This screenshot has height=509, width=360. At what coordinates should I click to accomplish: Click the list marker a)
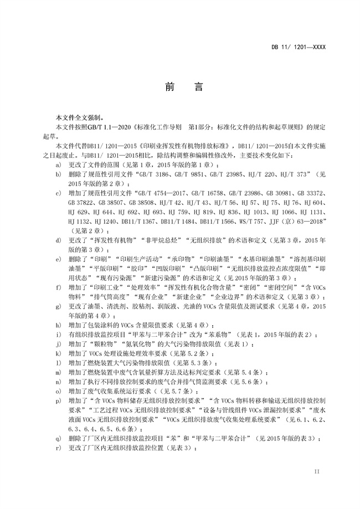(x=58, y=165)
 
